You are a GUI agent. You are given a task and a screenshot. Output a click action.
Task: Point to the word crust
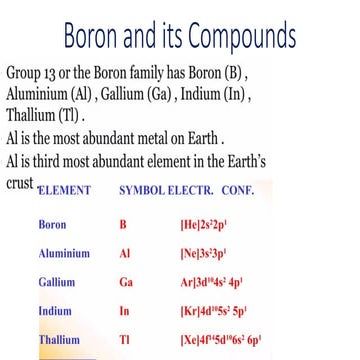tap(19, 185)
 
